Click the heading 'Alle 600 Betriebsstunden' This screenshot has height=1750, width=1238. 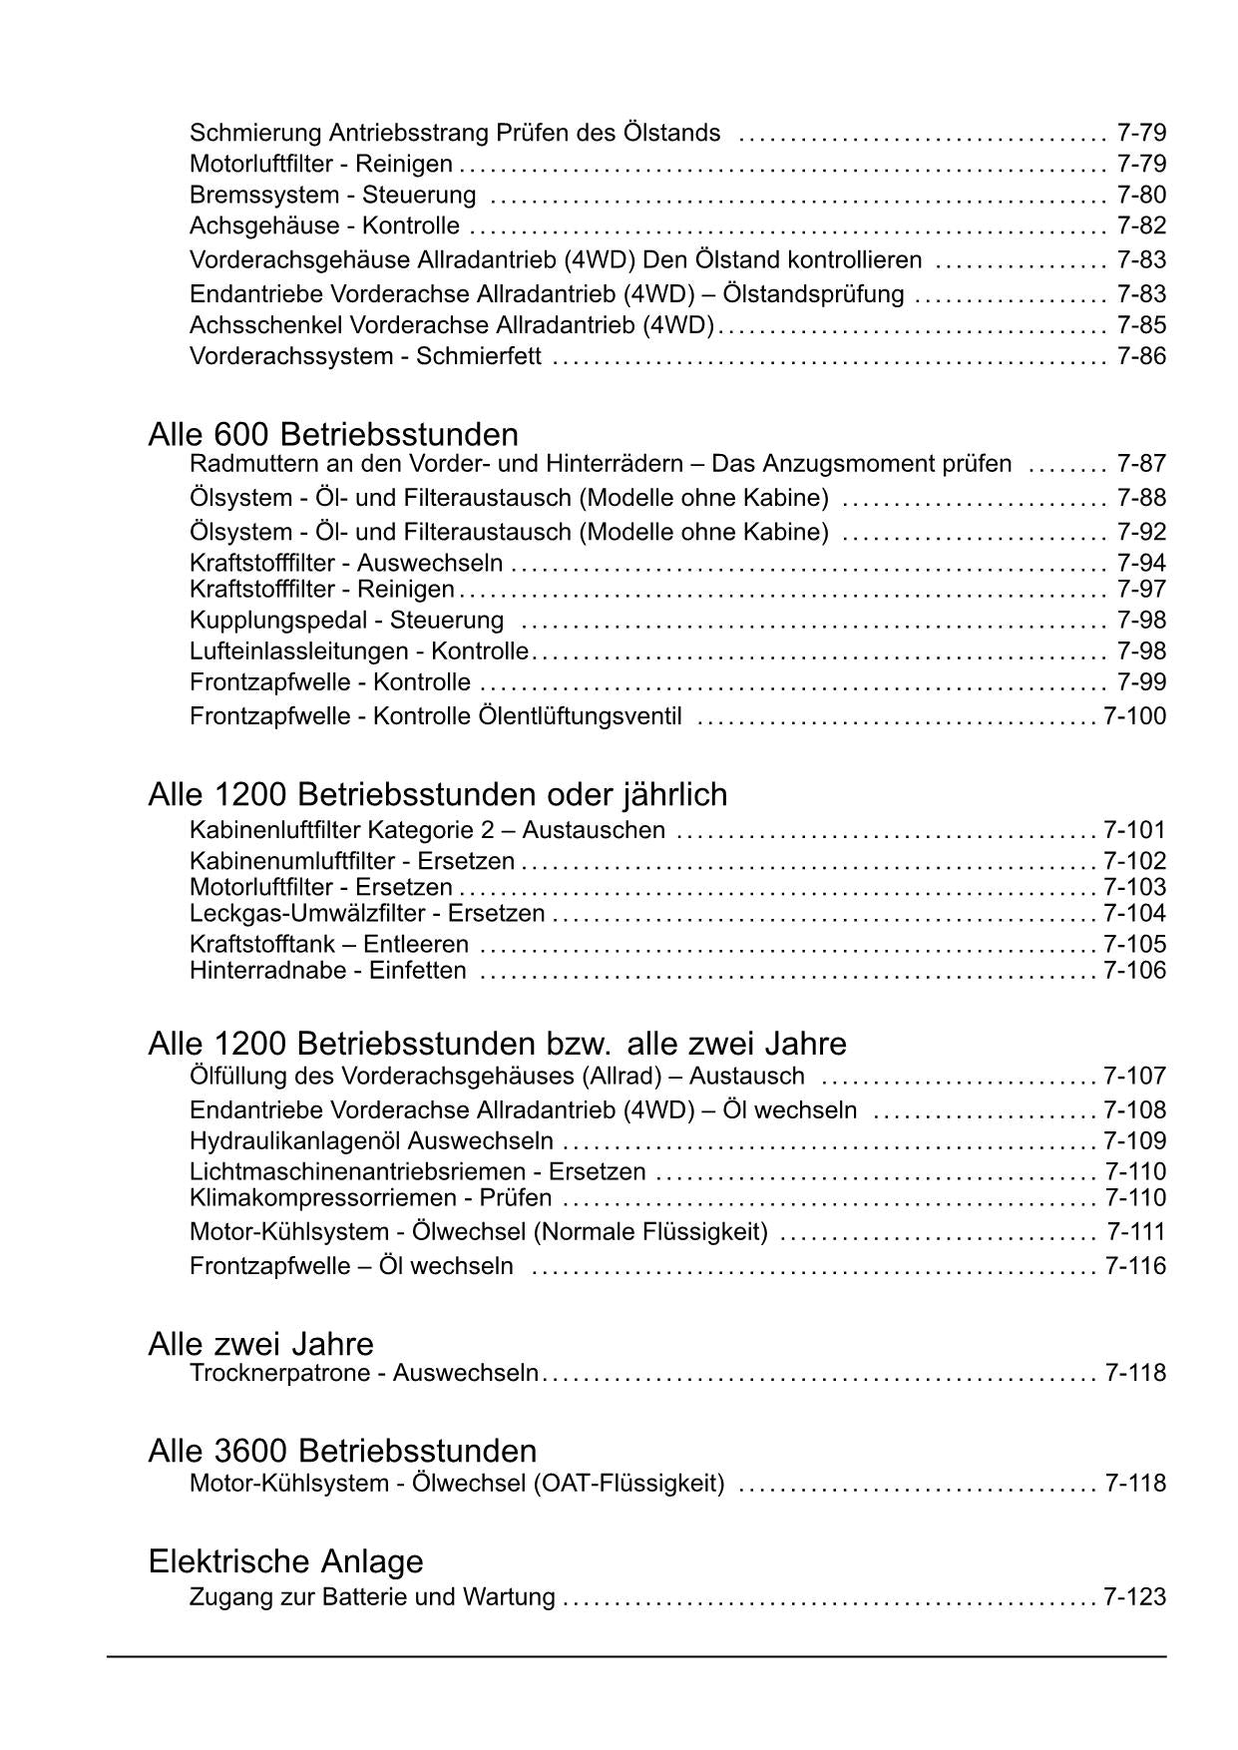[333, 435]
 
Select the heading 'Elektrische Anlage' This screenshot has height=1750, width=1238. [285, 1560]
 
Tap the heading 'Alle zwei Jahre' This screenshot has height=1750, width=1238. [260, 1343]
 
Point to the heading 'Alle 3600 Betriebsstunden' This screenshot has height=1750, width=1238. [342, 1451]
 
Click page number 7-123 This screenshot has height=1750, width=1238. [1134, 1597]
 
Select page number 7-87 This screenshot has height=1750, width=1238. [1141, 464]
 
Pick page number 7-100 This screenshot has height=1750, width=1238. [1134, 716]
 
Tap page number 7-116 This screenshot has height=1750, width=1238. [1134, 1266]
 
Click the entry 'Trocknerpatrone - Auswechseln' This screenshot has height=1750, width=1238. [364, 1373]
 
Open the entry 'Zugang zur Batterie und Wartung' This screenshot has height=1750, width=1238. [372, 1597]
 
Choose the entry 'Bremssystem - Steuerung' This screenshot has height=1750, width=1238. [332, 195]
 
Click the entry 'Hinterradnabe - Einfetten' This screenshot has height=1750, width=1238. [327, 971]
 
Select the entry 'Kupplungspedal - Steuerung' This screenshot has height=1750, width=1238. [346, 621]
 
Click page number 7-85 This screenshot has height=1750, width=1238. [1141, 325]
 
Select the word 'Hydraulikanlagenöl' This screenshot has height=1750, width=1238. [295, 1141]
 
